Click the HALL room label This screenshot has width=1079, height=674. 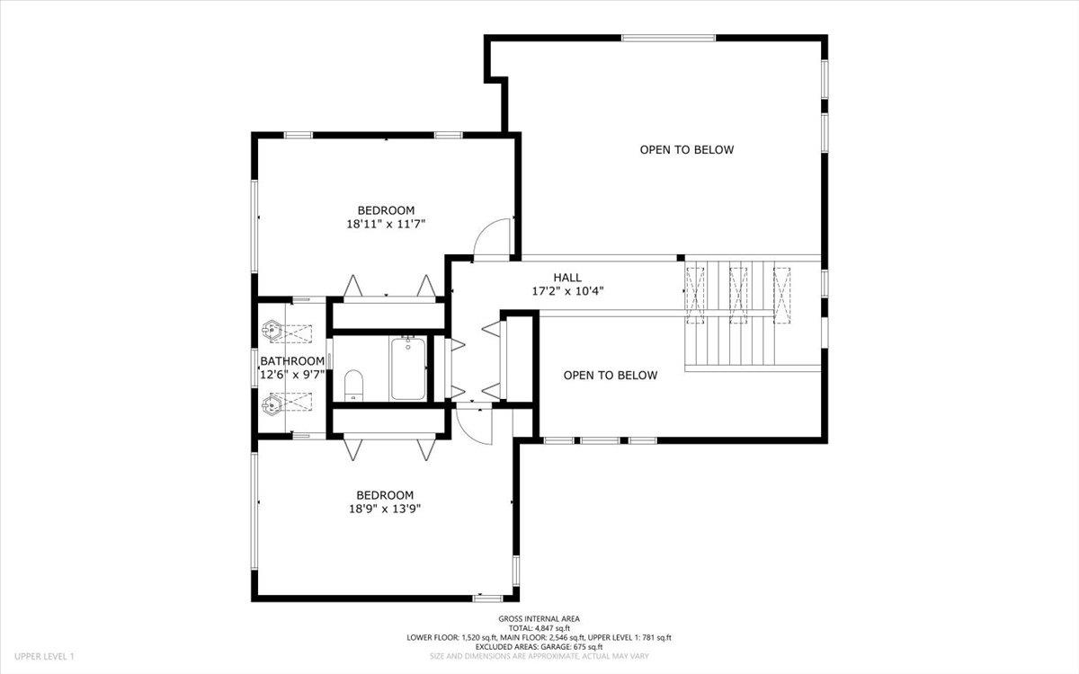click(566, 278)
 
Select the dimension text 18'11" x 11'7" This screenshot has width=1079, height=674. click(385, 225)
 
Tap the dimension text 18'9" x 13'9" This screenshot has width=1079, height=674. click(385, 509)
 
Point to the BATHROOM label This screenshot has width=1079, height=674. click(292, 361)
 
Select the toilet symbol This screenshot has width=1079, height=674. click(353, 385)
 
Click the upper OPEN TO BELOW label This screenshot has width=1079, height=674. click(686, 150)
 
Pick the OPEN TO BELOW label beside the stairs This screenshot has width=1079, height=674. click(610, 376)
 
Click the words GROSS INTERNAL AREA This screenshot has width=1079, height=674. click(539, 619)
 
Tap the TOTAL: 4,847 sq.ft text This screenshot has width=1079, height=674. click(539, 628)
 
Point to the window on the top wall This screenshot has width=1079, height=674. click(668, 38)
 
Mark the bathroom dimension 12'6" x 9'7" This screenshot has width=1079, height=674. click(292, 375)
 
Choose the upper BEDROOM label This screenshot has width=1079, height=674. click(385, 211)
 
